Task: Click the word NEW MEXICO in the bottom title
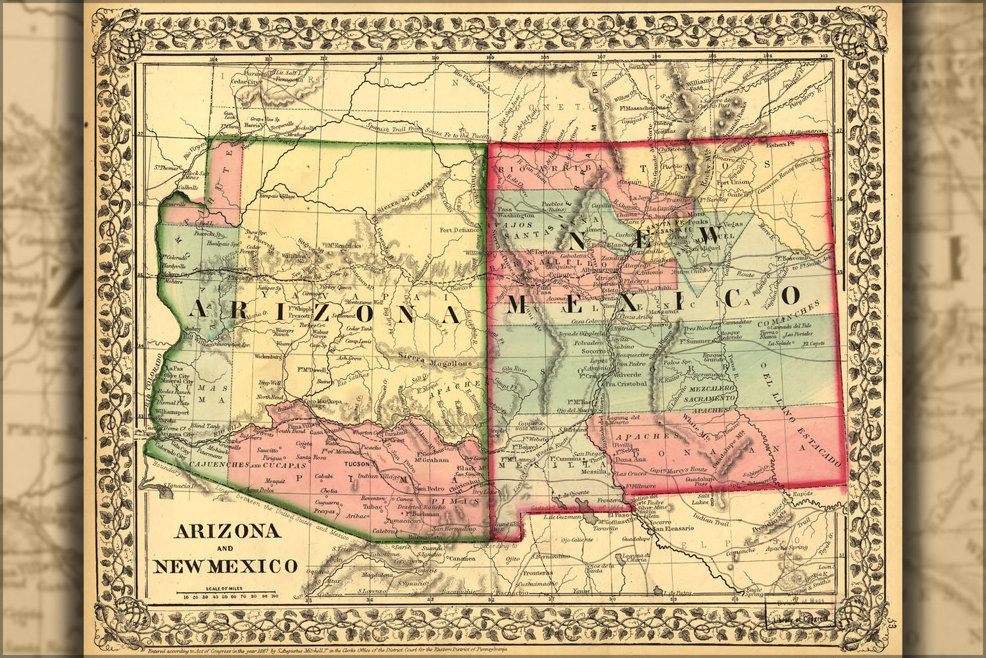(x=225, y=566)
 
